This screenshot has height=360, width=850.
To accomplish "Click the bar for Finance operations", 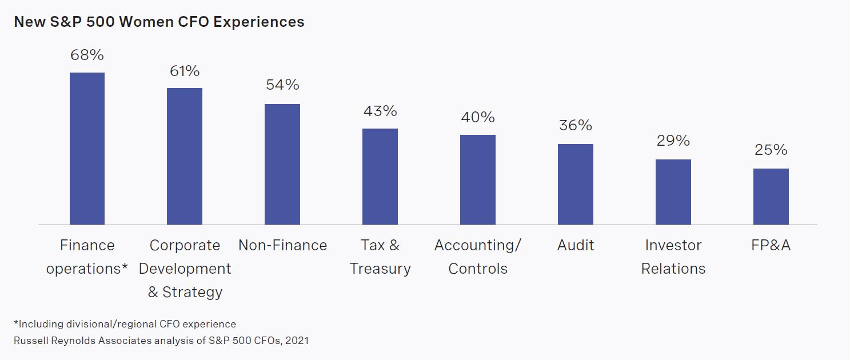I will [x=87, y=149].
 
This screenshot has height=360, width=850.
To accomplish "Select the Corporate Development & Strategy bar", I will [x=185, y=156].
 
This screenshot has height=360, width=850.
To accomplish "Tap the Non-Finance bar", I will [x=282, y=164].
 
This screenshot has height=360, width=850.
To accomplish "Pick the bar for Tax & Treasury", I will [x=380, y=177].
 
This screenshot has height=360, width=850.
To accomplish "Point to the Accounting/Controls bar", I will [x=478, y=179].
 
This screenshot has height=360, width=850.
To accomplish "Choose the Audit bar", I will [x=576, y=184].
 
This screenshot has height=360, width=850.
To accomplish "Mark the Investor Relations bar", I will [x=673, y=192].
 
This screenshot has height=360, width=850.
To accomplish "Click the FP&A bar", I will [x=771, y=197].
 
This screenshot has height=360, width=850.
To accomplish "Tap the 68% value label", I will [x=87, y=55].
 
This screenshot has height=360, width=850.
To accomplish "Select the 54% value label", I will [x=282, y=85].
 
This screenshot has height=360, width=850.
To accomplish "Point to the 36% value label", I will [x=576, y=125].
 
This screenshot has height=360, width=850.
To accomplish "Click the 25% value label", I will [x=771, y=150].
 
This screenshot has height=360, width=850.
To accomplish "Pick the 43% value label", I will [x=380, y=111].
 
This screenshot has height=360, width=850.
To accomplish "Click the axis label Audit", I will [x=576, y=245].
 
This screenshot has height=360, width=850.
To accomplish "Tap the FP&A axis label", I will [x=771, y=245].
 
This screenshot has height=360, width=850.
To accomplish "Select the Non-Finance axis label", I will [x=282, y=245].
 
